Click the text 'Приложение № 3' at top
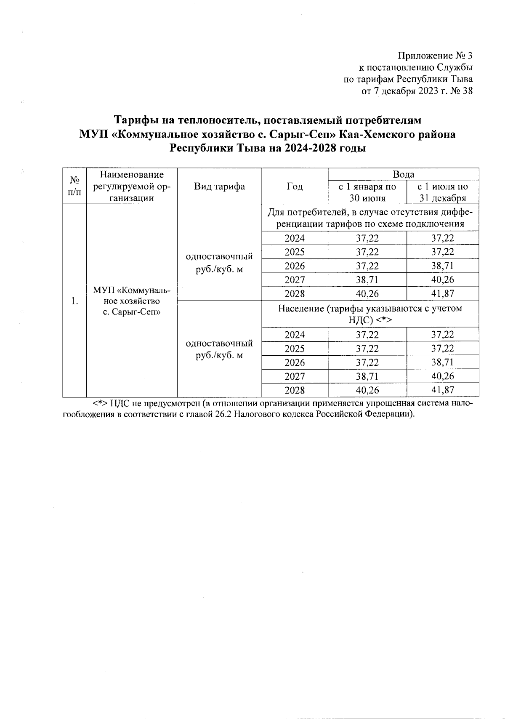tap(435, 56)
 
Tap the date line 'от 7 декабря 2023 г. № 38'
tap(417, 91)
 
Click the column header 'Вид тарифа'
tap(219, 186)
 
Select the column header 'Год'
tap(295, 186)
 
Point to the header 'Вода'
tap(403, 174)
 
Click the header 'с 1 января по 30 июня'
tap(367, 192)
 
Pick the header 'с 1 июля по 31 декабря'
tap(442, 192)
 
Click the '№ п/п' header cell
tap(74, 186)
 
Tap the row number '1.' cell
tap(74, 301)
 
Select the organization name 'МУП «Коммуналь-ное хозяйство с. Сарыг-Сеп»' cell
tap(132, 301)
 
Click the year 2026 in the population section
tap(295, 362)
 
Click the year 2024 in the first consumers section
tap(295, 238)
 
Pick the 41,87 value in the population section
tap(442, 390)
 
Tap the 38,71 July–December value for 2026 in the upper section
tap(442, 266)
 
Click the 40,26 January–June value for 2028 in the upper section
tap(367, 294)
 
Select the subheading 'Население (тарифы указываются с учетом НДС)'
tap(370, 314)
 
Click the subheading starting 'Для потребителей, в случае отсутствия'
tap(370, 218)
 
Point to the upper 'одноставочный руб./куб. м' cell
tap(219, 263)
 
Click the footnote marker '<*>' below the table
tap(100, 403)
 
